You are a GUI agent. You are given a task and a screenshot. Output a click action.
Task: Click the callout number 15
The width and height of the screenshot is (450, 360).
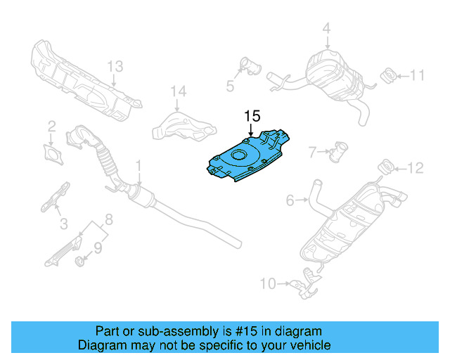tap(252, 116)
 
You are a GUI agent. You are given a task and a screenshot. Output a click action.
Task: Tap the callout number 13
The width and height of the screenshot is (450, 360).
tap(115, 67)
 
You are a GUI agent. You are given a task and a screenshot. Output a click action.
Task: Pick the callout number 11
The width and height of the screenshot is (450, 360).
tap(418, 75)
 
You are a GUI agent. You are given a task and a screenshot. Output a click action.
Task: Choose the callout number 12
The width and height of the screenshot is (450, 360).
tap(416, 167)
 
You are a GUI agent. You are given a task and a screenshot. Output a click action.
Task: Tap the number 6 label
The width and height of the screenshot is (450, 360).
tap(290, 201)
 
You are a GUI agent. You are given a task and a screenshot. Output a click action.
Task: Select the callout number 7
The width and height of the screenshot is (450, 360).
tap(314, 150)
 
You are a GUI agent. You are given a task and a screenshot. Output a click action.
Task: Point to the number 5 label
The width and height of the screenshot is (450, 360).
tap(229, 86)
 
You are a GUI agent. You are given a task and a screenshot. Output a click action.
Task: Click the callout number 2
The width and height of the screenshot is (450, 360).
tap(51, 127)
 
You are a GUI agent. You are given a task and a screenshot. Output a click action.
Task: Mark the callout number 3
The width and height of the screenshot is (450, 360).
tap(63, 224)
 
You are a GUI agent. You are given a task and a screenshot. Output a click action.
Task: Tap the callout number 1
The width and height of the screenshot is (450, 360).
tap(139, 166)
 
